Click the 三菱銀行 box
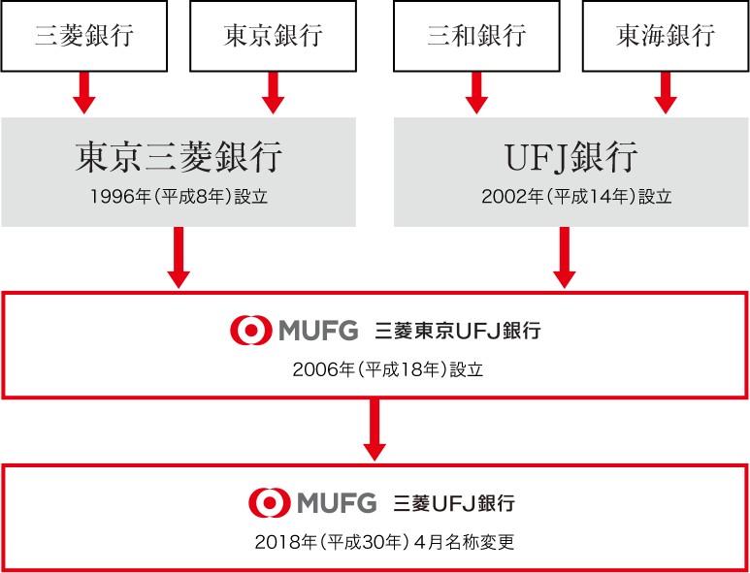click(x=83, y=36)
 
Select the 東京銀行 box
click(x=273, y=36)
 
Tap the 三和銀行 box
click(x=476, y=36)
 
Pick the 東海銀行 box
click(x=665, y=36)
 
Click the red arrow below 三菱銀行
click(x=83, y=93)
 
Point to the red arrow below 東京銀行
click(x=273, y=93)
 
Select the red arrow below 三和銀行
click(x=476, y=93)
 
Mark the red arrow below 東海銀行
click(x=665, y=93)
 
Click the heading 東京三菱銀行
click(x=179, y=157)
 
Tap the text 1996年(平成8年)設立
click(x=179, y=197)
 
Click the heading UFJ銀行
click(x=571, y=157)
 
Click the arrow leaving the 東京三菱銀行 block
click(x=179, y=258)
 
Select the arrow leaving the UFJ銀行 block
click(x=564, y=258)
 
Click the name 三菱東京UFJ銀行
click(x=457, y=332)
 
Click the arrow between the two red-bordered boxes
click(x=375, y=430)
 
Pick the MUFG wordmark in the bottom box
click(x=337, y=503)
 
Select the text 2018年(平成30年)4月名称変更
click(x=384, y=542)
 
